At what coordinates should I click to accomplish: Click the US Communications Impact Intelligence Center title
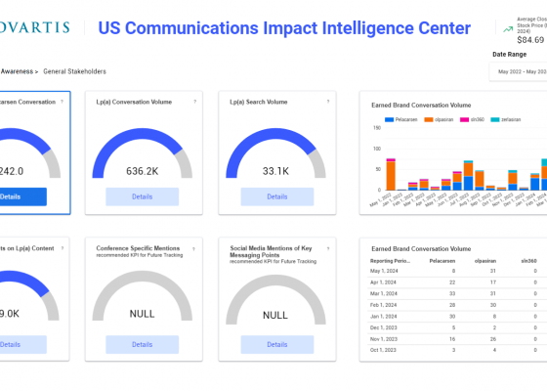pos(284,28)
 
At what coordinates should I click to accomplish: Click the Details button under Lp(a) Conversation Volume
pos(142,196)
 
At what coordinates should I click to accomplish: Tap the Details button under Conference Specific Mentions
pos(142,344)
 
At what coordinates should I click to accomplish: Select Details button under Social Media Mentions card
pos(275,344)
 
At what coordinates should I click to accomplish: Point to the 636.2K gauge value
pos(143,170)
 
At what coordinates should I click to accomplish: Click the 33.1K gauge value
pos(275,170)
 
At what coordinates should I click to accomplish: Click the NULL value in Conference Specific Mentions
pos(143,314)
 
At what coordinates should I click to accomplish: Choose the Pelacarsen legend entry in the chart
pos(406,118)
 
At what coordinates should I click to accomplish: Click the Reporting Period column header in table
pos(390,261)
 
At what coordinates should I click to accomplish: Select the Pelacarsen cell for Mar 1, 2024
pos(450,293)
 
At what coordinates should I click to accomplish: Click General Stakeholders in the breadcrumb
pos(74,71)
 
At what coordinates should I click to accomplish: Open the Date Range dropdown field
pos(521,71)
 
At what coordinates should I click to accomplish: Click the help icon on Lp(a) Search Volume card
pos(328,101)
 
